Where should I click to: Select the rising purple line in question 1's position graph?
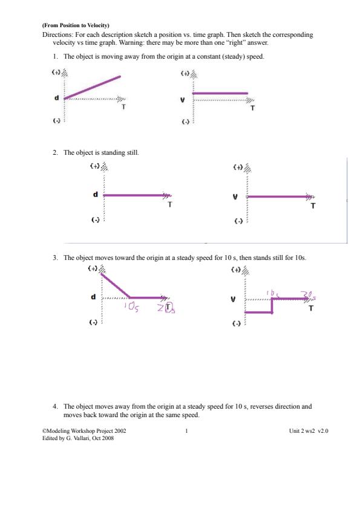coord(93,86)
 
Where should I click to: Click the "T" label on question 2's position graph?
coord(170,204)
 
